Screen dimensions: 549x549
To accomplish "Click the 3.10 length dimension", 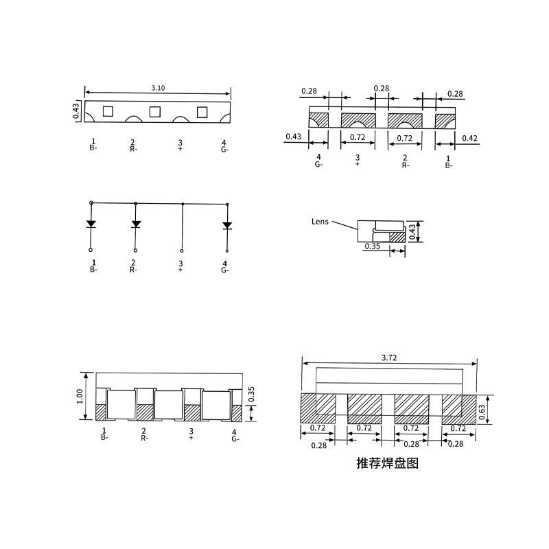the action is tap(158, 88).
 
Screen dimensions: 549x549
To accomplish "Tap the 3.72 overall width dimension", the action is tap(389, 358).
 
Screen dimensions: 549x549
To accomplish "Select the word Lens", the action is tap(320, 221).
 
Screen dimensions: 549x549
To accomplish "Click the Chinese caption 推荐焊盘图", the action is tap(387, 463).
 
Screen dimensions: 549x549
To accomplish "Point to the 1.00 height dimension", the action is tap(80, 396).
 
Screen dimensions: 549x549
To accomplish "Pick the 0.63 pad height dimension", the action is tap(482, 412).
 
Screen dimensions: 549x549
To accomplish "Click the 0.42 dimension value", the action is tap(469, 138).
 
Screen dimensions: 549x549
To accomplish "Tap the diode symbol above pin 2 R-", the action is tap(136, 224).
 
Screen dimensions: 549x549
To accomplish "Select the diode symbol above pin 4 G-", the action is tap(227, 226).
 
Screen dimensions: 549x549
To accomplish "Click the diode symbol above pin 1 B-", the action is tap(91, 224).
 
